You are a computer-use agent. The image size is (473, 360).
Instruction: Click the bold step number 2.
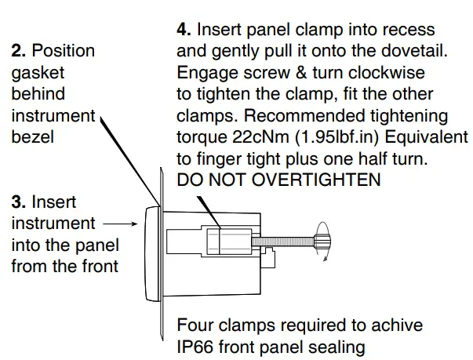coord(19,51)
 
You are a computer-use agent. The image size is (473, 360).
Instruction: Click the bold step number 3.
coord(19,202)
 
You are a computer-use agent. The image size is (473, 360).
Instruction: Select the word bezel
coord(32,136)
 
